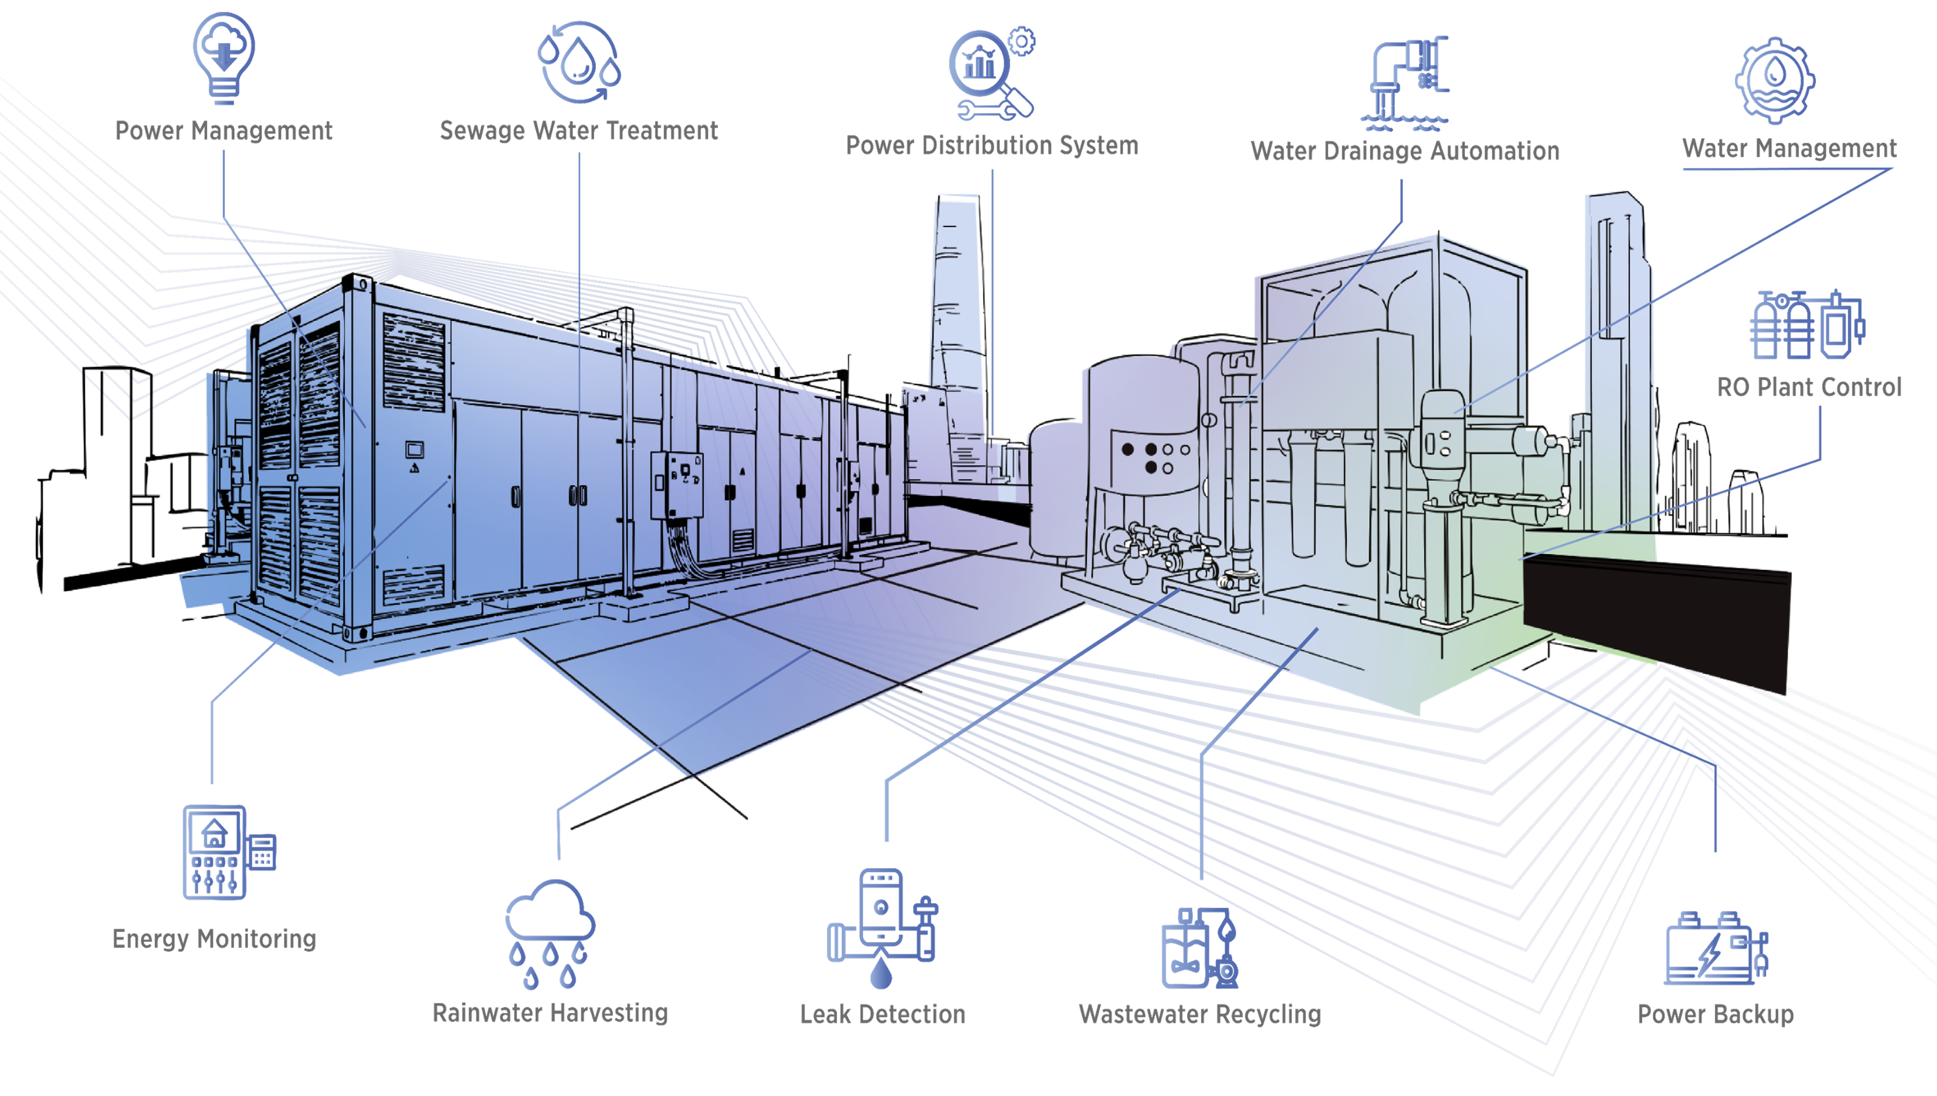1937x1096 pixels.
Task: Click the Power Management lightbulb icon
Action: click(x=224, y=58)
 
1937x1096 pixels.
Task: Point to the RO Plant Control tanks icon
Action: click(x=1808, y=324)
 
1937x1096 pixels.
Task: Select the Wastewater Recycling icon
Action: click(x=1199, y=948)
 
